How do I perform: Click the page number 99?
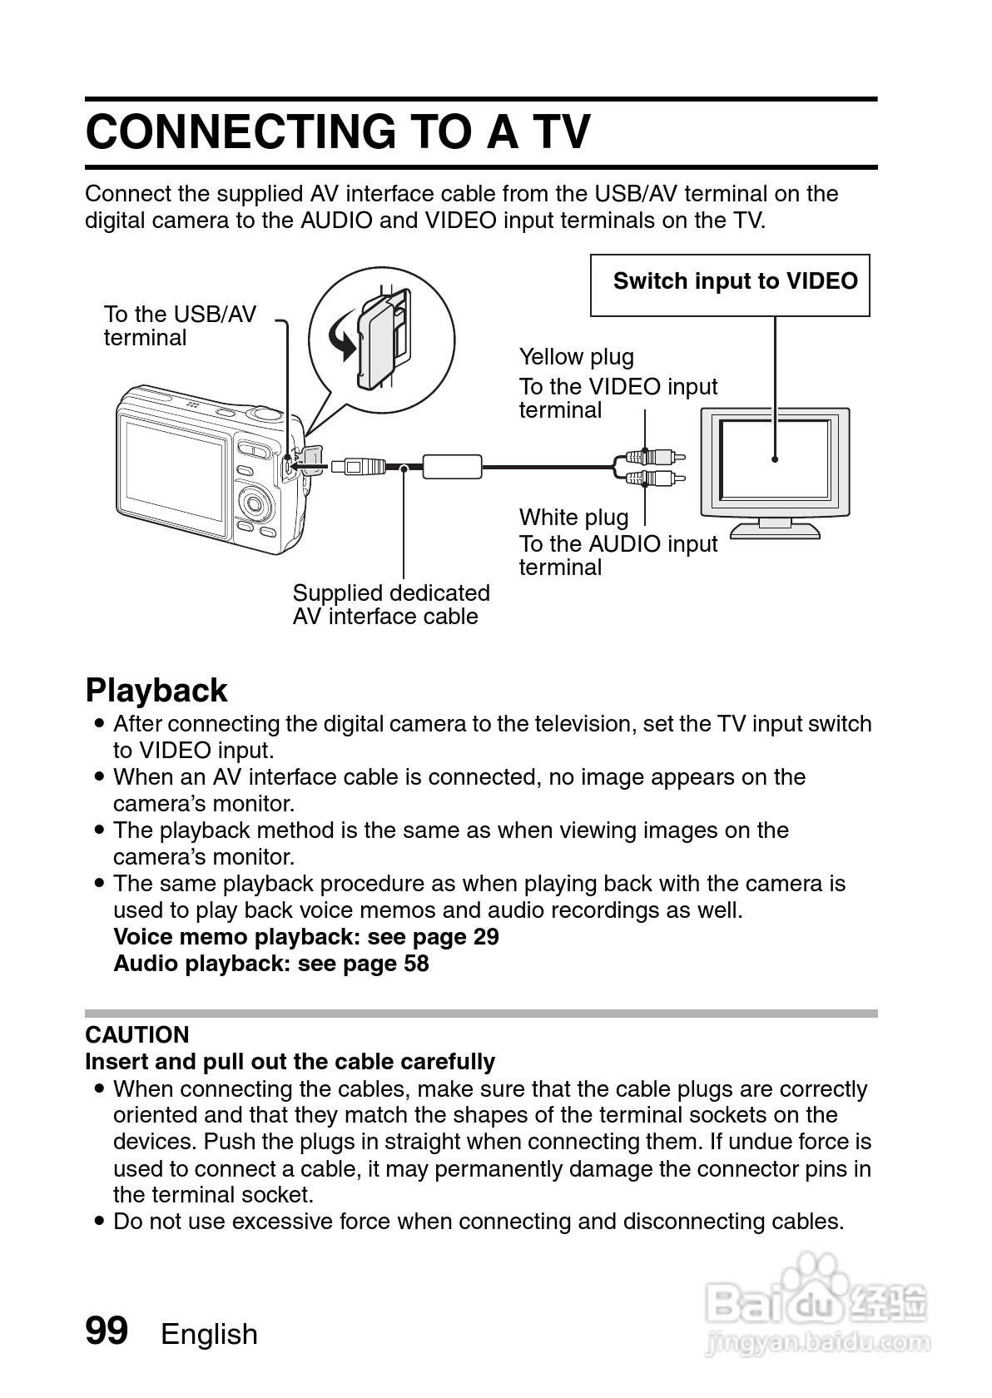(x=107, y=1331)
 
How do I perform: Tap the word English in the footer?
(x=209, y=1334)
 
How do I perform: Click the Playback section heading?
(x=156, y=691)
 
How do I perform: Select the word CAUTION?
(x=137, y=1034)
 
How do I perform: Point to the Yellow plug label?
(x=576, y=357)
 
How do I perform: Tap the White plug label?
(x=573, y=517)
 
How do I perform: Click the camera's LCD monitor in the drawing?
(x=174, y=478)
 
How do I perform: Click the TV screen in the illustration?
(x=775, y=459)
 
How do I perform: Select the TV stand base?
(x=775, y=530)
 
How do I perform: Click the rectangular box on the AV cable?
(x=452, y=466)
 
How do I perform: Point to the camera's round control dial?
(x=255, y=502)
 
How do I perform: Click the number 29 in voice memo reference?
(x=486, y=937)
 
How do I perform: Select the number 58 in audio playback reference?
(x=416, y=964)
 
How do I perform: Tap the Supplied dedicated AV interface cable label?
(x=390, y=605)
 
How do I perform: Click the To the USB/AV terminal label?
(x=179, y=326)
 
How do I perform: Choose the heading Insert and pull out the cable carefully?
(x=290, y=1062)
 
